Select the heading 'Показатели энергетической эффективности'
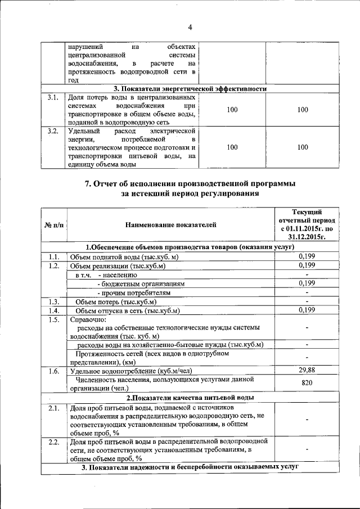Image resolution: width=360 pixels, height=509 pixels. coord(190,89)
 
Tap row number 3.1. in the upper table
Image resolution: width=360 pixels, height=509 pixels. coord(53,98)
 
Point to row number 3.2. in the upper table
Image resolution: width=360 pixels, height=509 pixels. coord(53,131)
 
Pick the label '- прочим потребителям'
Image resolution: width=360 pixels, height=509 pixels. coord(133,292)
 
